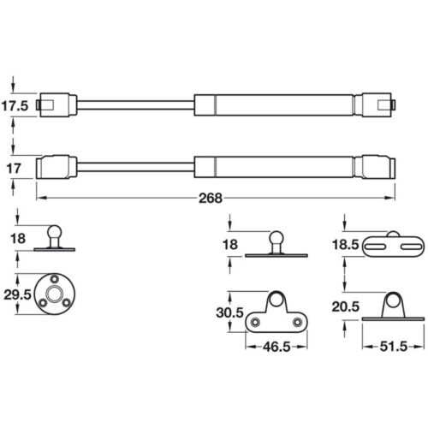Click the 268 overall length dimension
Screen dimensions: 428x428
click(211, 198)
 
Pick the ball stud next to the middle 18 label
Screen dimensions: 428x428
click(276, 240)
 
